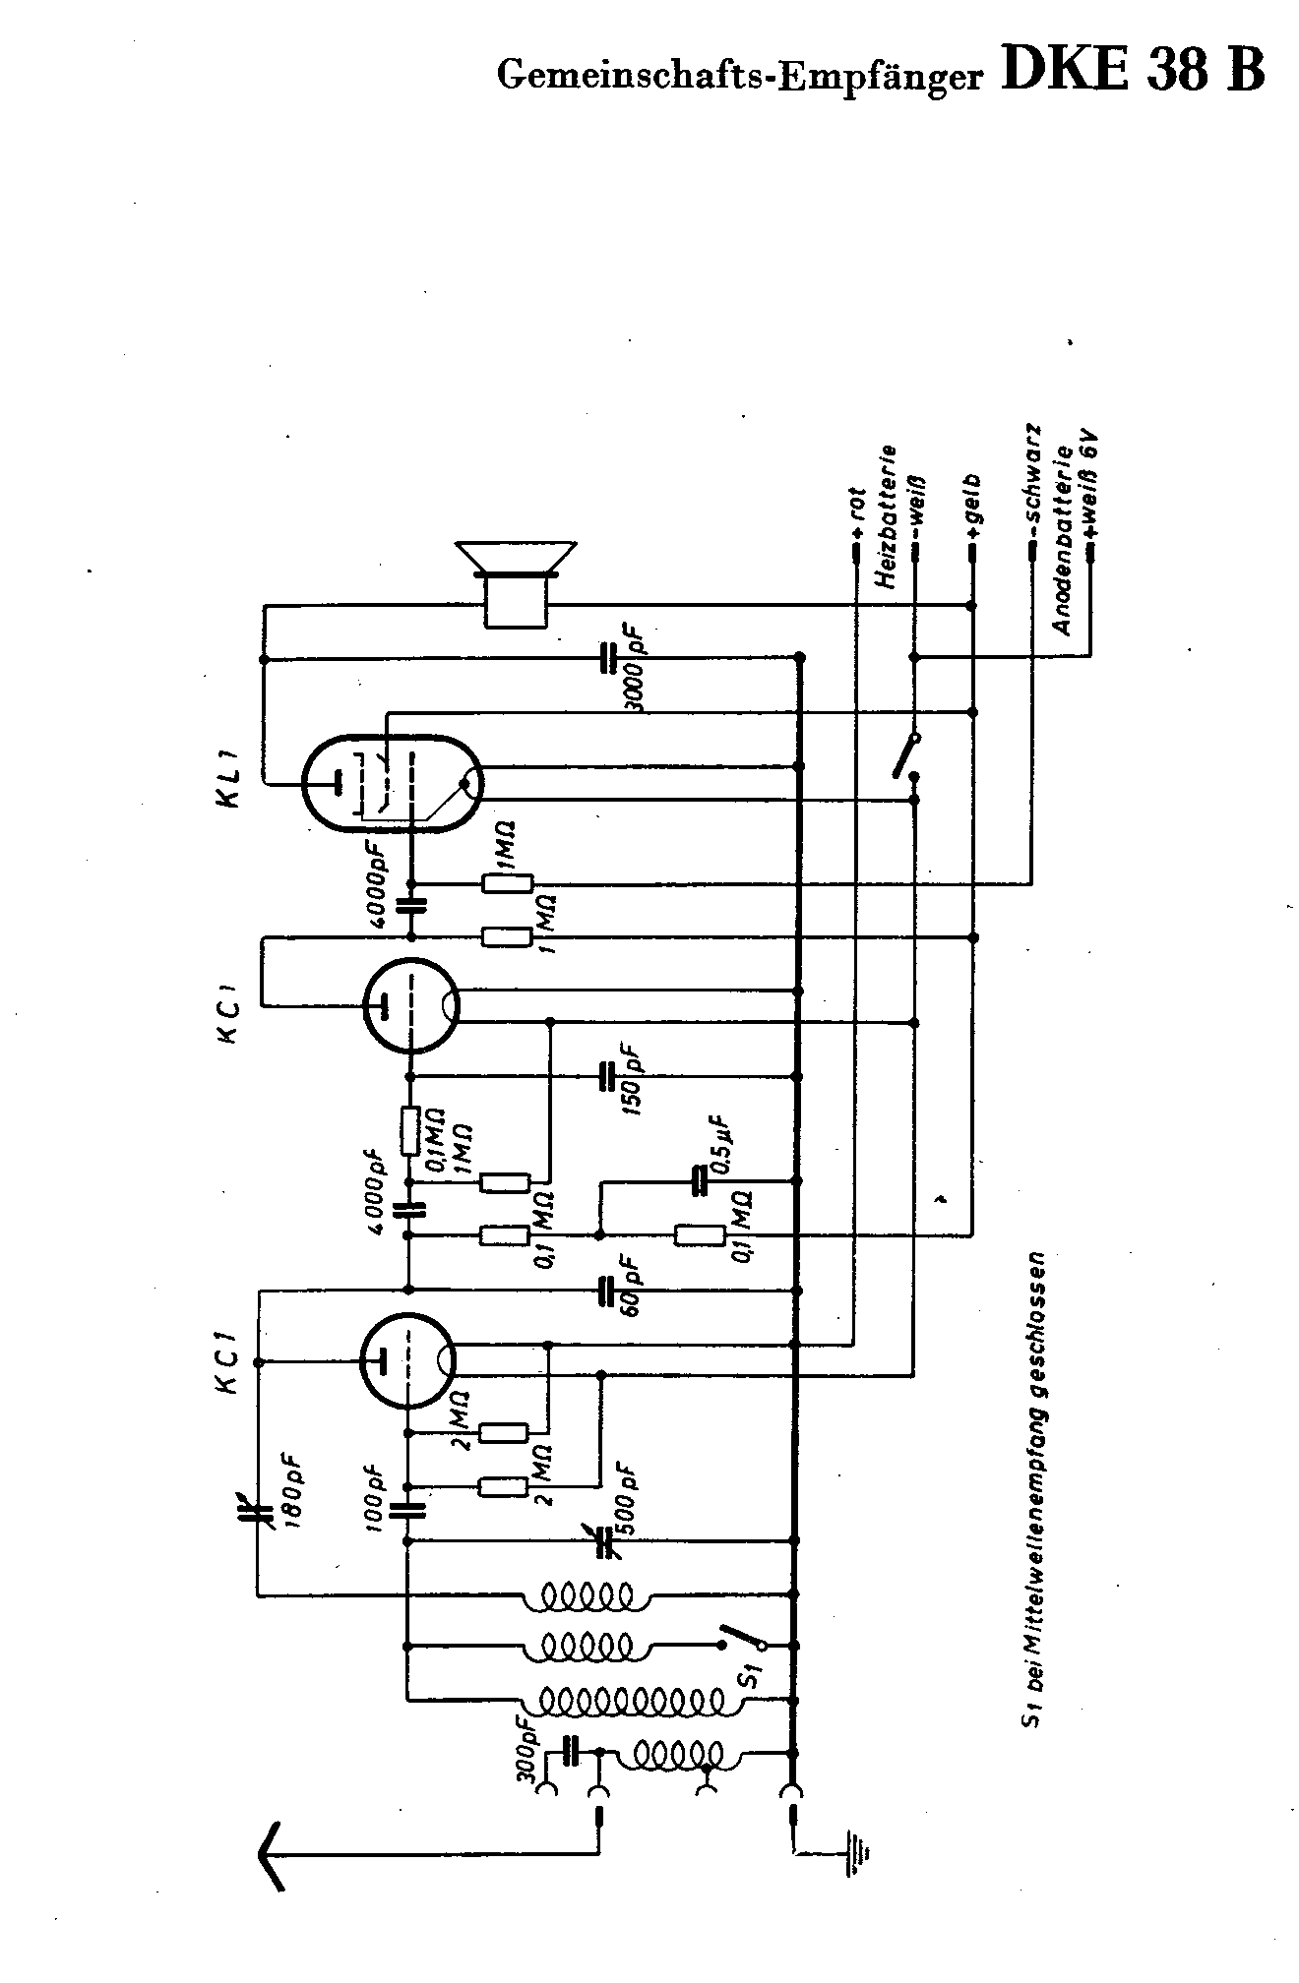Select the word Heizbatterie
888,517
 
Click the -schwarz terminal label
1031,483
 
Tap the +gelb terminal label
973,508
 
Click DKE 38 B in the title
1132,71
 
